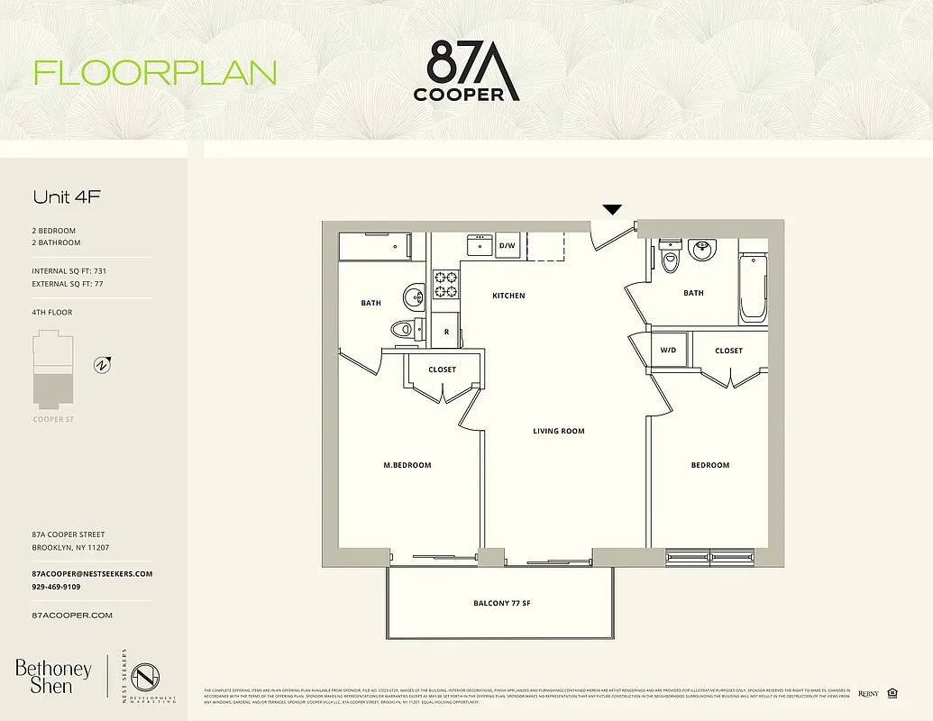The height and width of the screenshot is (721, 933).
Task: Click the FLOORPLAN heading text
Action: pos(155,72)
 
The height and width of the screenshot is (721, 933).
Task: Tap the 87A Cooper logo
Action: pos(466,69)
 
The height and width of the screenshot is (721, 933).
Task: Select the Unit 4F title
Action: pos(66,196)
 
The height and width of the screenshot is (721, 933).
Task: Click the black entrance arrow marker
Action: pos(612,210)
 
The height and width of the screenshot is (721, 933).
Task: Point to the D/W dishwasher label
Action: pos(507,245)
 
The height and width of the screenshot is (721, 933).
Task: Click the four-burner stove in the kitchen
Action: pos(446,284)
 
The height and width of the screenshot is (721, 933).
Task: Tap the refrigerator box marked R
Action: pos(446,332)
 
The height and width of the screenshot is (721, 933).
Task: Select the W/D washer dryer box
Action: pos(669,350)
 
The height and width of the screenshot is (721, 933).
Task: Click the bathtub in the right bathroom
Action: pos(754,288)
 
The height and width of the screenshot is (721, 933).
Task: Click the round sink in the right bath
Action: pos(701,250)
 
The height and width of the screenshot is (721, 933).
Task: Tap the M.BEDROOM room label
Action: pos(407,465)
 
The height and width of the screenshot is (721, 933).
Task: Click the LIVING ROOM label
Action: pos(559,431)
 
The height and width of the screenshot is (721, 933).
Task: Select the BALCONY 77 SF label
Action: pos(501,603)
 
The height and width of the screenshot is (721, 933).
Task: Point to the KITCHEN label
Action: pos(508,296)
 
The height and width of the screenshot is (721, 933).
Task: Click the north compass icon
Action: pos(103,365)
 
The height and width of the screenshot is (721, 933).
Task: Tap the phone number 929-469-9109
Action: pos(56,587)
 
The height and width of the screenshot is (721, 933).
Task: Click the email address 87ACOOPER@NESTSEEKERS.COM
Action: pos(92,573)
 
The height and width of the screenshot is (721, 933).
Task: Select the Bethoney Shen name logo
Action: pos(53,676)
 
